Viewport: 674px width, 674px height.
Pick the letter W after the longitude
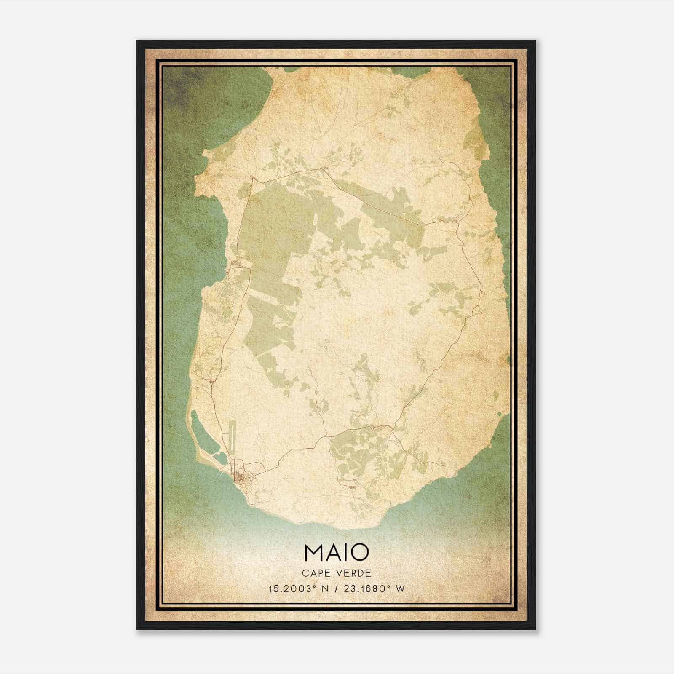400,588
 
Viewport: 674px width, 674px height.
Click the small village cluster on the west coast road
237,265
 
